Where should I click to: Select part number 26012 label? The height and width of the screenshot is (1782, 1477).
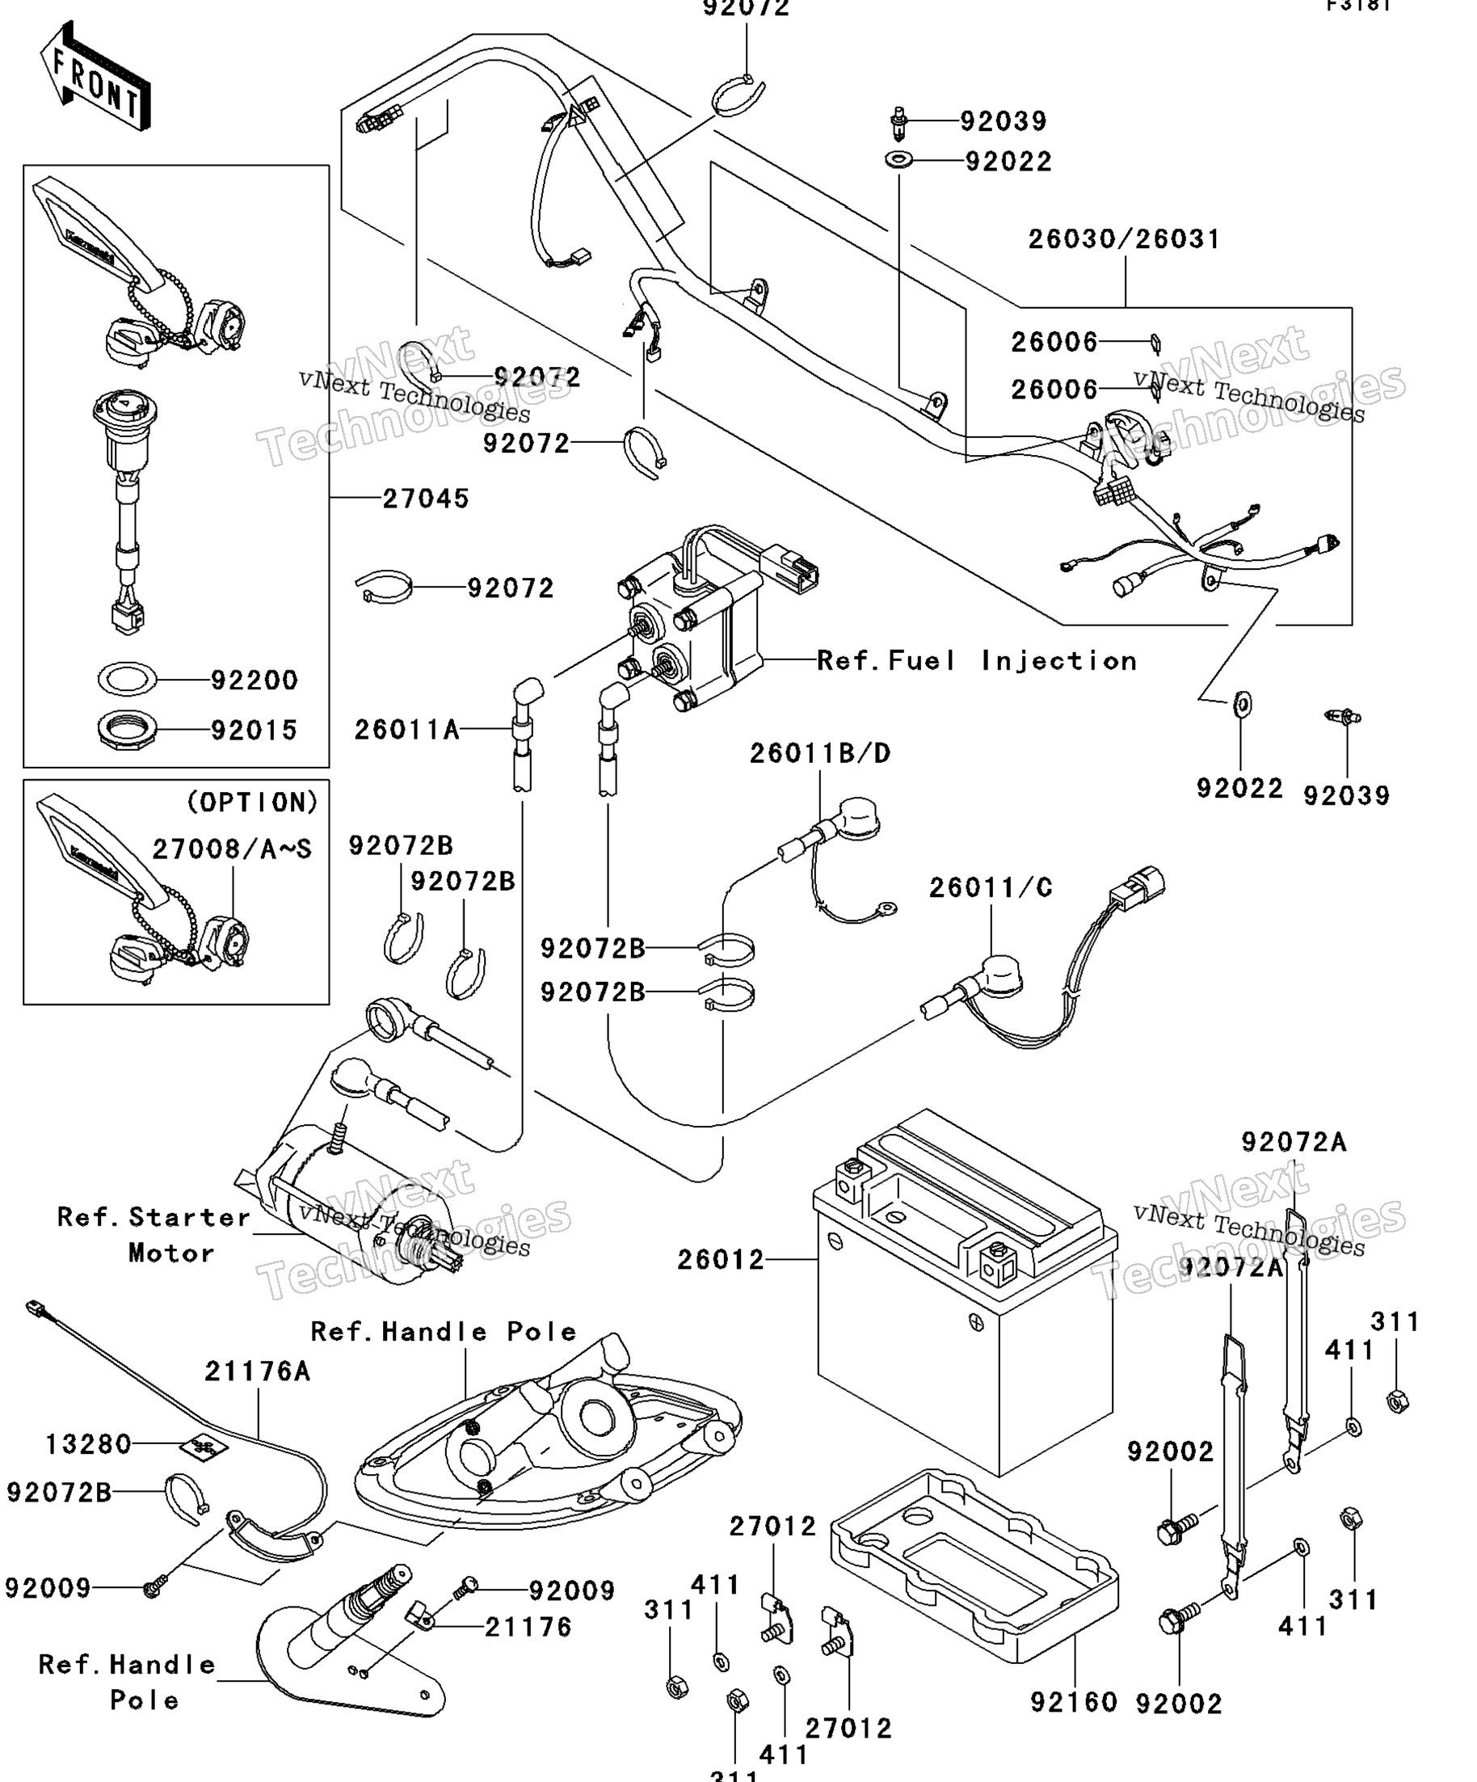720,1260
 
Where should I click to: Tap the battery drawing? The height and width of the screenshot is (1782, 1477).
963,1298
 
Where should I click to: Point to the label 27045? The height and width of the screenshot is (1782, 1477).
425,498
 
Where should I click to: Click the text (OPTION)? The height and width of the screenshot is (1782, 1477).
252,802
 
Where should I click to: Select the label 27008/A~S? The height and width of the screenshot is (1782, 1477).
232,849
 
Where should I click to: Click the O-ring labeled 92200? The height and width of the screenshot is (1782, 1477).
127,679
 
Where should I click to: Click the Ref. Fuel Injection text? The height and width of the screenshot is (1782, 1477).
975,660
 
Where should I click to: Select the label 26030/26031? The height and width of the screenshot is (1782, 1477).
1123,239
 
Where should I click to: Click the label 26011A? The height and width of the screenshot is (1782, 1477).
406,729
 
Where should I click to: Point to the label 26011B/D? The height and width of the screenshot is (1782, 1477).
819,752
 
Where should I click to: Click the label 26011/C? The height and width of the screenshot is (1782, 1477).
990,887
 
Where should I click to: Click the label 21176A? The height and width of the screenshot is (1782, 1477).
257,1371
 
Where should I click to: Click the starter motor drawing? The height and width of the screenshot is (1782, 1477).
356,1205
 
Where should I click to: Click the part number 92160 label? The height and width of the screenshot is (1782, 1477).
1073,1702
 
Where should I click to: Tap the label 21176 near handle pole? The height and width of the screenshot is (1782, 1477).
528,1627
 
